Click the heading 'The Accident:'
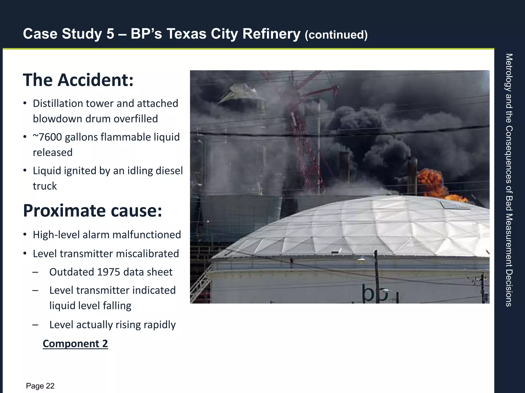tap(78, 80)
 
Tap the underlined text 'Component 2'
tap(75, 344)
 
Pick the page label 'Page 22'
tap(40, 386)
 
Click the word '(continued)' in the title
tap(336, 35)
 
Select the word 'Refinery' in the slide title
tap(271, 34)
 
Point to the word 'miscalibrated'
tap(147, 254)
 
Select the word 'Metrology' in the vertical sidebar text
tap(509, 73)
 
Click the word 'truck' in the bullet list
tap(45, 186)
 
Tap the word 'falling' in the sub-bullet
tap(117, 306)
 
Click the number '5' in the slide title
tap(110, 34)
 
